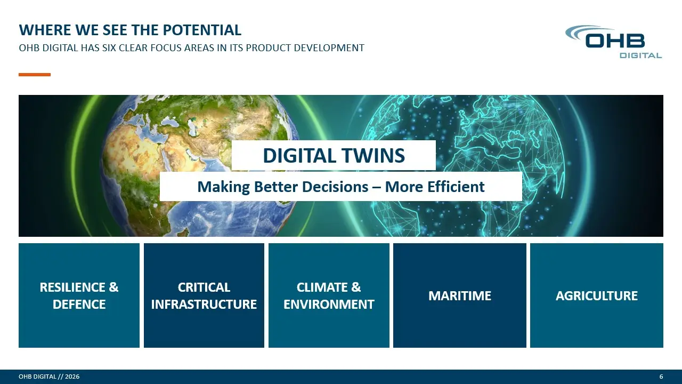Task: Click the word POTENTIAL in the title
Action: click(x=202, y=30)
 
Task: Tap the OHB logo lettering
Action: click(x=615, y=41)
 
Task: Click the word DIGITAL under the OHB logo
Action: click(x=641, y=55)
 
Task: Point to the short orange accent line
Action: click(x=35, y=75)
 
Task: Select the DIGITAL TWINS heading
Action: click(x=334, y=155)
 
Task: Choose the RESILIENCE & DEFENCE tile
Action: click(x=79, y=295)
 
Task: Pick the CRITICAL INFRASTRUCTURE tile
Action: click(x=204, y=295)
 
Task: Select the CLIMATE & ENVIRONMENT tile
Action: click(x=329, y=295)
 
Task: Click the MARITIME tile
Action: click(x=460, y=295)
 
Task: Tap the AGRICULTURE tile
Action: click(x=597, y=295)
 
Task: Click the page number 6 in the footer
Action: click(x=661, y=377)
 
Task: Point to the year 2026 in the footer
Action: click(x=72, y=377)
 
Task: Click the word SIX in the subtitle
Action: click(x=109, y=48)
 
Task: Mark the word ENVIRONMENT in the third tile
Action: click(x=329, y=304)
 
